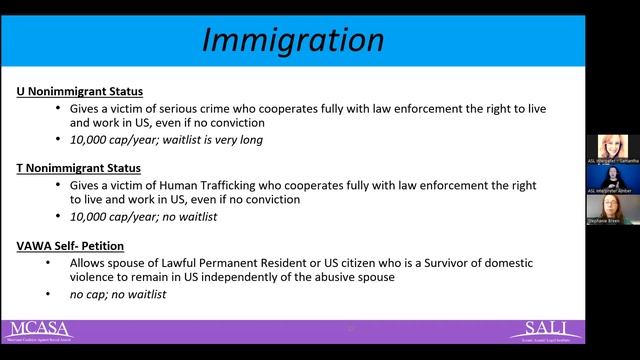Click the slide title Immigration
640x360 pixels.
[292, 39]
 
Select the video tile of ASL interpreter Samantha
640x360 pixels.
[611, 148]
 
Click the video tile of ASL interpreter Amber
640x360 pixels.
[611, 178]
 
